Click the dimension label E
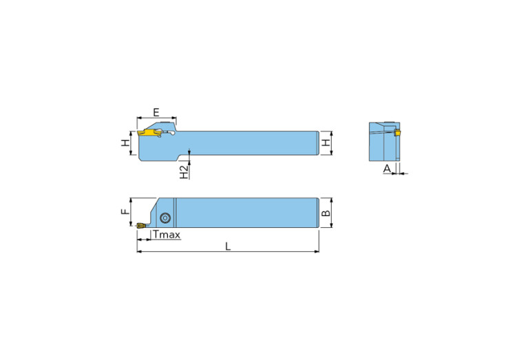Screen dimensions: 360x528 point(156,112)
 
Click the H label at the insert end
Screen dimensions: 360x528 point(125,143)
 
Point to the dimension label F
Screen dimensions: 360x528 point(125,212)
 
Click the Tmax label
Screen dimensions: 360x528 point(167,235)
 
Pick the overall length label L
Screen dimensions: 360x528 point(228,246)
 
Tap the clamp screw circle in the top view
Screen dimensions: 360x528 point(165,218)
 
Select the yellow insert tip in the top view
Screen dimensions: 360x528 point(140,224)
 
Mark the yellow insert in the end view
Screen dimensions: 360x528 point(397,132)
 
